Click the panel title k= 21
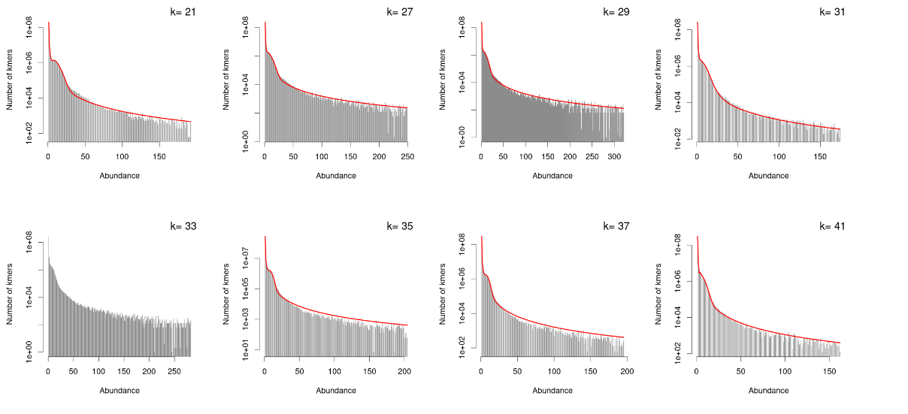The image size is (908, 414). click(182, 11)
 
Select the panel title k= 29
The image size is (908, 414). click(615, 11)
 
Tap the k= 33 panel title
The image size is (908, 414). click(182, 225)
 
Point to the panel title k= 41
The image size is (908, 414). click(831, 225)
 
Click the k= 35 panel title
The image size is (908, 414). click(398, 225)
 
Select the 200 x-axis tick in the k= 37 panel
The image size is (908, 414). click(628, 371)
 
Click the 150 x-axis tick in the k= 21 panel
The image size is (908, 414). click(159, 156)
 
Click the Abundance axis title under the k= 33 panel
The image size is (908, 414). click(120, 390)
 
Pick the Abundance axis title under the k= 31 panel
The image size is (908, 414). click(769, 176)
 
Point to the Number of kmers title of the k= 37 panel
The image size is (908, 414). click(443, 294)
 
